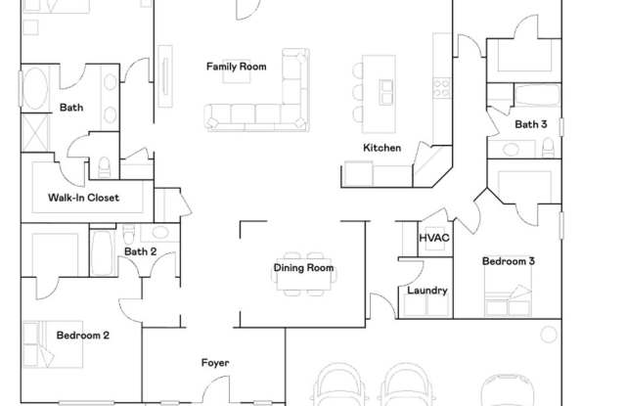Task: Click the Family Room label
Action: click(x=237, y=67)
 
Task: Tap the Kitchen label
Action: click(x=382, y=148)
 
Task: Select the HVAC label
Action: click(x=434, y=238)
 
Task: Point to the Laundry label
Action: click(x=427, y=291)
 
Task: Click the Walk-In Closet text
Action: click(x=83, y=198)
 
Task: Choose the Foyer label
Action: click(x=215, y=363)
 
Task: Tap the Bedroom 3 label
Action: click(x=509, y=261)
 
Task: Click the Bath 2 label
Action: click(x=140, y=251)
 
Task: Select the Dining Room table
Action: click(x=304, y=275)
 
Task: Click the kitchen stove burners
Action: click(x=442, y=88)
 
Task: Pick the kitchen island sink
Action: click(x=385, y=92)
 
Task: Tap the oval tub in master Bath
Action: click(x=35, y=89)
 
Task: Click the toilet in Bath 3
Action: click(x=549, y=148)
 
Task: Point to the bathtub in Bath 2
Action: click(x=103, y=252)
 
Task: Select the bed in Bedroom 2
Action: click(x=53, y=344)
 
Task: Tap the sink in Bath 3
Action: click(x=511, y=150)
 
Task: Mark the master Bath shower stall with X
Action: click(x=35, y=133)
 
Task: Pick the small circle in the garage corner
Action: click(x=549, y=335)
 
